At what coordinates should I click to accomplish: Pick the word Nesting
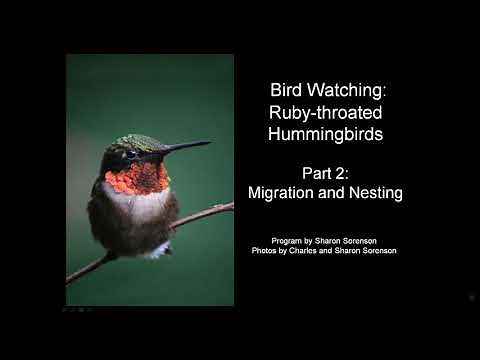pos(374,193)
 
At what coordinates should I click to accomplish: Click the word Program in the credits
pos(289,241)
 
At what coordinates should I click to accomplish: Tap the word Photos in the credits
pos(267,250)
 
